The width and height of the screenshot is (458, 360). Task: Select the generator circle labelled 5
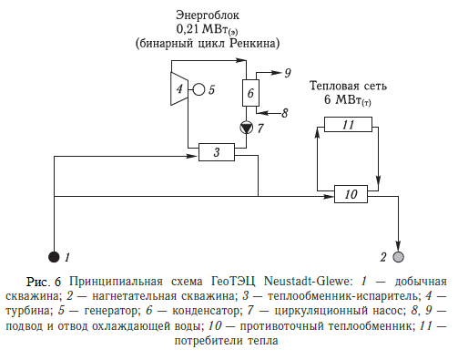tap(197, 89)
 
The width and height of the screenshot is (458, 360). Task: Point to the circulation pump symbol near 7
tap(245, 128)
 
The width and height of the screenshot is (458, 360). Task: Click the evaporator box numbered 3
tap(218, 151)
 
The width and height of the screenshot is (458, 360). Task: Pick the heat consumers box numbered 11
tap(347, 125)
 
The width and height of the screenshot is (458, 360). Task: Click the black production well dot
tap(54, 257)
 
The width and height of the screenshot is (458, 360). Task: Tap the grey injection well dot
tap(398, 256)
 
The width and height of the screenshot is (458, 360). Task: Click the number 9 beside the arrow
tap(288, 71)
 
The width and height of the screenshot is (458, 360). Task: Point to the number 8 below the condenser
tap(284, 114)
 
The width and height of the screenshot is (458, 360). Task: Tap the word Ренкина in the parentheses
tap(252, 43)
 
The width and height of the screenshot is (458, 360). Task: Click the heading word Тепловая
tap(331, 86)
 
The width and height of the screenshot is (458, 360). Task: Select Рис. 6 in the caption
tap(46, 276)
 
